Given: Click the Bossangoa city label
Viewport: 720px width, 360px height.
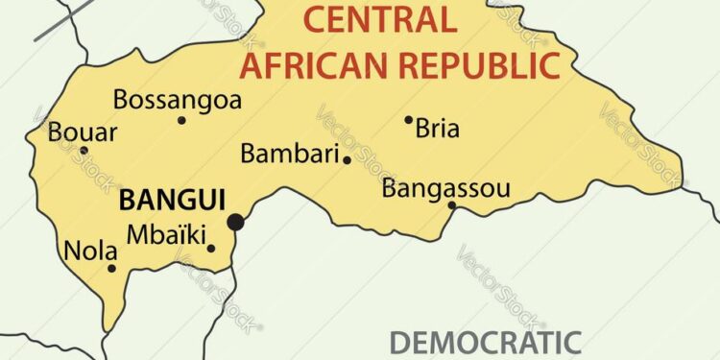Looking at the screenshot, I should click(x=178, y=99).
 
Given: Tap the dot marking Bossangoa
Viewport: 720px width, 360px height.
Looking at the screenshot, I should click(x=181, y=120).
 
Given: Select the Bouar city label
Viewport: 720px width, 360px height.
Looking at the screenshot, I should click(x=82, y=132).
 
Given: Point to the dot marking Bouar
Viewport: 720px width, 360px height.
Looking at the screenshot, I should click(x=84, y=150).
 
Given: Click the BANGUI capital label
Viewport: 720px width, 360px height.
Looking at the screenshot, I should click(x=171, y=201).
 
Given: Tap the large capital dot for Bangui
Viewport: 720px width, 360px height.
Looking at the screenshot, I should click(x=235, y=223).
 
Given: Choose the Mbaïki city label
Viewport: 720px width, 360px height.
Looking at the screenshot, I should click(x=166, y=232).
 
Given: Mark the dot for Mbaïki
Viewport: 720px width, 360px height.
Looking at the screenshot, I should click(x=211, y=249).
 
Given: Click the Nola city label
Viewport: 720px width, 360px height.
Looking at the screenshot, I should click(x=90, y=252).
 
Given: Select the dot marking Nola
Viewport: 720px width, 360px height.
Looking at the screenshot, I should click(x=111, y=268).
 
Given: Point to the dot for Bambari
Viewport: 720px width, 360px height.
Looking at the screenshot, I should click(x=347, y=160).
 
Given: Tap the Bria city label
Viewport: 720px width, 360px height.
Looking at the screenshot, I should click(x=437, y=129).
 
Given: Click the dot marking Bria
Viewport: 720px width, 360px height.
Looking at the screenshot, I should click(x=408, y=120).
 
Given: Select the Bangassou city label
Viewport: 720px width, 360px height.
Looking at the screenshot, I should click(x=445, y=188).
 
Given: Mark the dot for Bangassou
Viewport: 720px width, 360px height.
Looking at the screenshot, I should click(x=452, y=204).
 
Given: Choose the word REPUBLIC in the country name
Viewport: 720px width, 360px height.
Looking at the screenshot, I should click(x=479, y=63).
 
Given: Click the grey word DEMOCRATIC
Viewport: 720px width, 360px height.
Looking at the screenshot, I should click(x=485, y=343).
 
